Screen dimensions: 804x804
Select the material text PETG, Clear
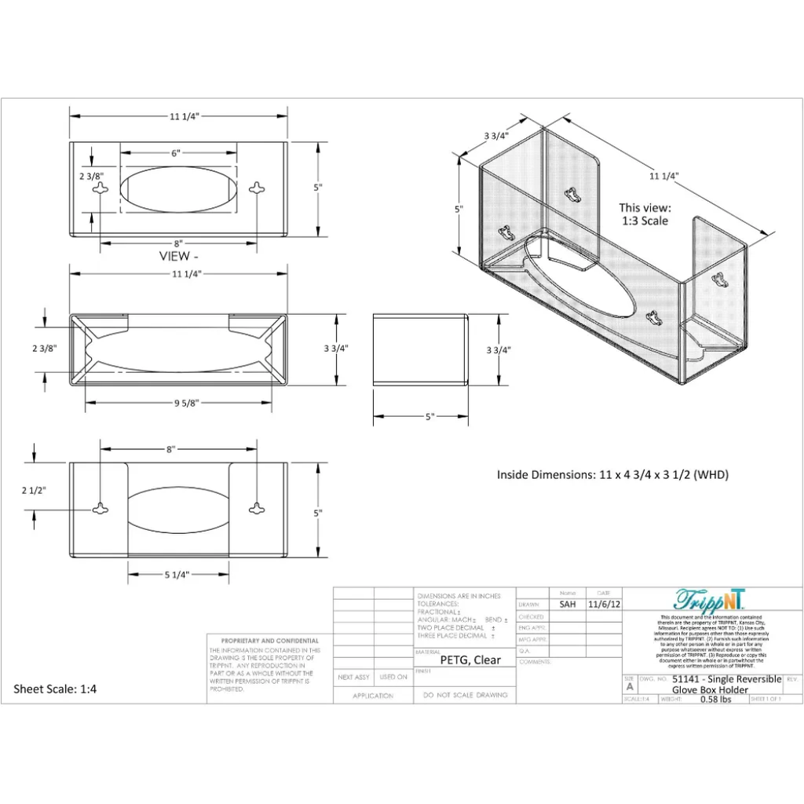(470, 660)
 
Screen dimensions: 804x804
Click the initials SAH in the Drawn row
(568, 605)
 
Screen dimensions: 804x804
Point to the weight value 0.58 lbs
(715, 699)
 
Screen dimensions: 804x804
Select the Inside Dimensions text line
(616, 474)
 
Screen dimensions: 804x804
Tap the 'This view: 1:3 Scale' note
(645, 214)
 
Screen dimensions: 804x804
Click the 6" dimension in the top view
(178, 154)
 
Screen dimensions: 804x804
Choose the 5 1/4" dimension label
(178, 574)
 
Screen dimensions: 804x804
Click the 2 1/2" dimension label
(34, 490)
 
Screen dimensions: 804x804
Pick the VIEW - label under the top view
(179, 256)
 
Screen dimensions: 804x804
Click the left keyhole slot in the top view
(101, 188)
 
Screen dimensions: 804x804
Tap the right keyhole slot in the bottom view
(257, 508)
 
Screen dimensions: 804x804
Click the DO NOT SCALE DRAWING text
(465, 695)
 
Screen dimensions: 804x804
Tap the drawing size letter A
(629, 686)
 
